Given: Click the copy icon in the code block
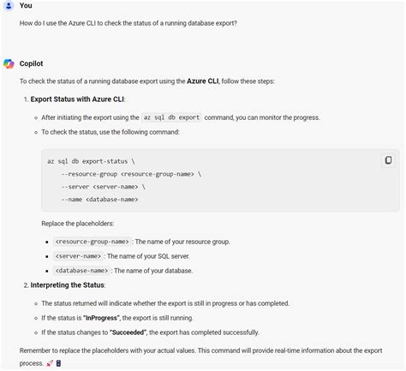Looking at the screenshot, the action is pyautogui.click(x=388, y=160).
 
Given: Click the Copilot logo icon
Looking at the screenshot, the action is pyautogui.click(x=9, y=63).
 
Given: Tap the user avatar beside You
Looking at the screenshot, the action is pyautogui.click(x=9, y=6).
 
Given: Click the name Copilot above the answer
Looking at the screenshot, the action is pyautogui.click(x=33, y=63).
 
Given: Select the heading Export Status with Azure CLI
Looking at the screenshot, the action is pyautogui.click(x=78, y=99).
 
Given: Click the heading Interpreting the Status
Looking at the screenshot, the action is pyautogui.click(x=68, y=284).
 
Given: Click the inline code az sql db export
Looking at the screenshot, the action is pyautogui.click(x=171, y=117).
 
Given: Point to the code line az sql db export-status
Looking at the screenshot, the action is pyautogui.click(x=91, y=161).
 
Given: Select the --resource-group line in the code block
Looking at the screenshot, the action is pyautogui.click(x=131, y=174).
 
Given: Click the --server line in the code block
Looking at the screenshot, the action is pyautogui.click(x=103, y=186).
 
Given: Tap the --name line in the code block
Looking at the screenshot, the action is pyautogui.click(x=99, y=199).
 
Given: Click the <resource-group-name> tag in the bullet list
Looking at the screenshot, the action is pyautogui.click(x=93, y=242).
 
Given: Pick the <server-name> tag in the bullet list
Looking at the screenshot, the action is pyautogui.click(x=78, y=256).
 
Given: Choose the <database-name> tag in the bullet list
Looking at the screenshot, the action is pyautogui.click(x=81, y=270).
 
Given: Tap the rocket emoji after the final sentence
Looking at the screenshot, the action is pyautogui.click(x=50, y=363).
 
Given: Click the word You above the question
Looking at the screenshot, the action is pyautogui.click(x=26, y=6).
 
